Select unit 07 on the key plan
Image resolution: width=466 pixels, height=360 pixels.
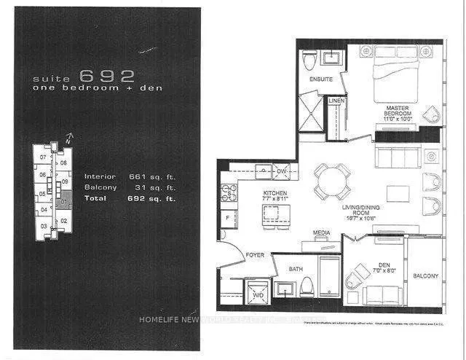[44, 157]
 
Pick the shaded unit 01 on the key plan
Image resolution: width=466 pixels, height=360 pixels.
[64, 201]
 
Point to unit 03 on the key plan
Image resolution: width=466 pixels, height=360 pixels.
[44, 227]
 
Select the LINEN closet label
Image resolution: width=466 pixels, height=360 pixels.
[336, 100]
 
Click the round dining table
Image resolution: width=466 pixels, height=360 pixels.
[332, 180]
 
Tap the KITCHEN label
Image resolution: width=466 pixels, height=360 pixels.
[275, 193]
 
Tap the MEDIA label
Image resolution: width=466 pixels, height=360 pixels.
[322, 234]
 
